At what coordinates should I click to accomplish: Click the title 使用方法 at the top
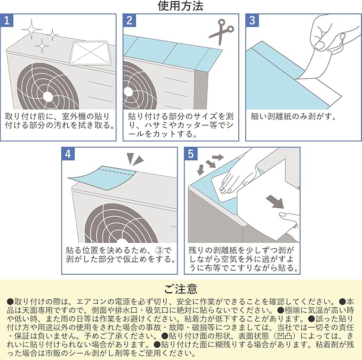(181, 6)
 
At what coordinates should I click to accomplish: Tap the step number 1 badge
(7, 20)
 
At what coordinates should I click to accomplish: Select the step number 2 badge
(129, 20)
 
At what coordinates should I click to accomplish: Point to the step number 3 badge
(252, 20)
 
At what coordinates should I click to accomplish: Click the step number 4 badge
(68, 154)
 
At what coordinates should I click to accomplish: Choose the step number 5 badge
(191, 154)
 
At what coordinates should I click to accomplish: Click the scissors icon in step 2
(221, 31)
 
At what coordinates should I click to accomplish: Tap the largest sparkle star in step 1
(31, 30)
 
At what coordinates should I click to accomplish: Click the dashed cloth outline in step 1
(90, 53)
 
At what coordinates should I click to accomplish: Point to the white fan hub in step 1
(48, 96)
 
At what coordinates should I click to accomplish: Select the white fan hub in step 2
(127, 92)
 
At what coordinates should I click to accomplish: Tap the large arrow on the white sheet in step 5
(274, 201)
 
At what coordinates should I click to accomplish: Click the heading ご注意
(181, 289)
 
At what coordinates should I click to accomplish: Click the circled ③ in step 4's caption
(160, 250)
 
